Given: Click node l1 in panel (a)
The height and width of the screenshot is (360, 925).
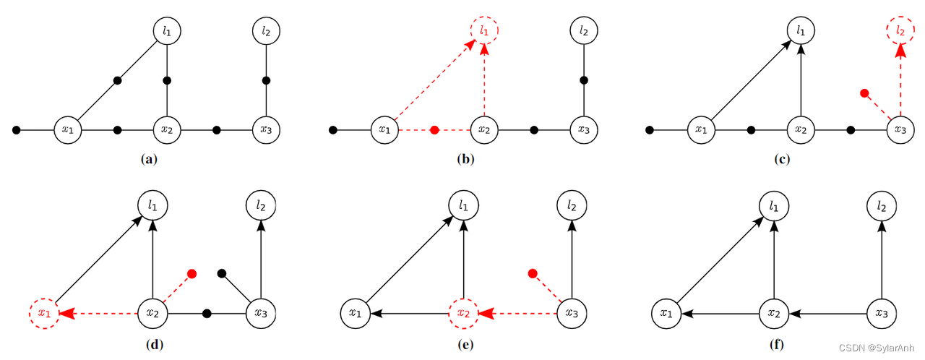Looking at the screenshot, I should (x=167, y=31).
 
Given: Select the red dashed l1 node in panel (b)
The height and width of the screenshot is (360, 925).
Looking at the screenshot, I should (x=484, y=31).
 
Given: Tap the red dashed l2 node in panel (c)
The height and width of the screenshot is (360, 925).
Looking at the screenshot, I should (x=900, y=31).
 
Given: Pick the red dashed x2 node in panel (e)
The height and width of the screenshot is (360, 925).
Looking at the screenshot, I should (x=463, y=314).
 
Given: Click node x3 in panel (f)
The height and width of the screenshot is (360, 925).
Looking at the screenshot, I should (x=881, y=314).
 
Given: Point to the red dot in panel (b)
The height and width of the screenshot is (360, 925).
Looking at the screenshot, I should (x=434, y=130).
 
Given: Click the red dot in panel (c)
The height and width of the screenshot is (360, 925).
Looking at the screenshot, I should (x=864, y=93).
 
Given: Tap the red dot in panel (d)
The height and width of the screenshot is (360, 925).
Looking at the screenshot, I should (x=192, y=273).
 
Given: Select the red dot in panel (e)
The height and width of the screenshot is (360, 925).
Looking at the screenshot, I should (x=533, y=273).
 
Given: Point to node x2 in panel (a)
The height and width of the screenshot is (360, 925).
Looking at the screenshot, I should (x=167, y=130).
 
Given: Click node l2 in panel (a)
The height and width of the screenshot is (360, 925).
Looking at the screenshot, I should (x=266, y=31).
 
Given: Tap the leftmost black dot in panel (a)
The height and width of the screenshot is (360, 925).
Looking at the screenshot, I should (x=17, y=130).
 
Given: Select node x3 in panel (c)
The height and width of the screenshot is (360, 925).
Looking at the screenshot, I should (x=900, y=130).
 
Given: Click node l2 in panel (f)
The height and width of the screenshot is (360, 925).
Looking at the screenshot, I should (x=881, y=207).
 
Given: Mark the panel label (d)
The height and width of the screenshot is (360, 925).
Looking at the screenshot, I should (x=153, y=344).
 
